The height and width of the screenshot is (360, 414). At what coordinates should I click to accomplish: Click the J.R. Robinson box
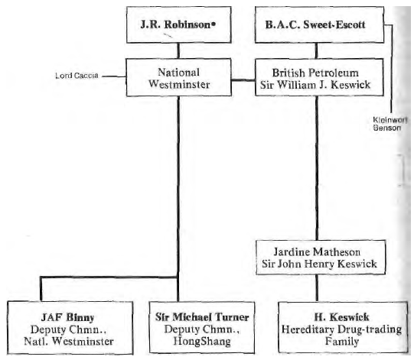[179, 24]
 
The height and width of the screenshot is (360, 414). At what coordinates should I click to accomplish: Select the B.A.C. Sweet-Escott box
[319, 24]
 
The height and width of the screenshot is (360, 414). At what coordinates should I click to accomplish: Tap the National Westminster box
[179, 77]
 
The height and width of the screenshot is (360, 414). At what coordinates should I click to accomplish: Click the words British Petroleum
[315, 73]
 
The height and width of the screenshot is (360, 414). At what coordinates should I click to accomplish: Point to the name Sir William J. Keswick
[315, 85]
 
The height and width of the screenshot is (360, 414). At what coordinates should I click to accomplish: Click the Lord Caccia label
[77, 76]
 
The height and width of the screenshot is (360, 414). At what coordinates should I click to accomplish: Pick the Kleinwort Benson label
[390, 124]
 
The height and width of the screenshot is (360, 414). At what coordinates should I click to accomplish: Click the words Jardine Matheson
[317, 252]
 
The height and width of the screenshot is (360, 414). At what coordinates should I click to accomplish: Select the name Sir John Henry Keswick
[319, 264]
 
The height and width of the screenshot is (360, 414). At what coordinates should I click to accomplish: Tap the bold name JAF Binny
[67, 317]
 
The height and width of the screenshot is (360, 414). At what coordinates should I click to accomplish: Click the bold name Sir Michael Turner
[202, 317]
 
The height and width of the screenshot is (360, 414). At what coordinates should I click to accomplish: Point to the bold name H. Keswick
[341, 316]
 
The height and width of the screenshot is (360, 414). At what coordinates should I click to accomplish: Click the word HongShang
[202, 342]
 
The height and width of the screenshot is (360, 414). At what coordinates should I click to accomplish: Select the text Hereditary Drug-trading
[341, 329]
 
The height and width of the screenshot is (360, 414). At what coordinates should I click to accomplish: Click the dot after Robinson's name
[214, 24]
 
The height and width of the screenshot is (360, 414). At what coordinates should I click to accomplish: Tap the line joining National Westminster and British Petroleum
[243, 79]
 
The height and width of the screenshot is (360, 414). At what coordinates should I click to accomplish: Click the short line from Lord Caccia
[114, 76]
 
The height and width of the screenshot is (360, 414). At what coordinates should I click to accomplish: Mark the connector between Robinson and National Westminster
[178, 50]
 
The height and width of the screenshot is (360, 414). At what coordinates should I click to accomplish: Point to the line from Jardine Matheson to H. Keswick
[317, 288]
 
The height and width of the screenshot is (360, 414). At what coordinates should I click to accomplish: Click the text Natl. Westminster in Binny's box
[69, 342]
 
